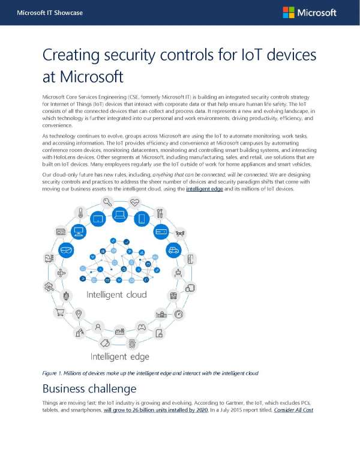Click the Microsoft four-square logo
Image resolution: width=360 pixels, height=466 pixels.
point(289,13)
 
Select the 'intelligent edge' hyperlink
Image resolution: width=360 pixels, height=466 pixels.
point(207,189)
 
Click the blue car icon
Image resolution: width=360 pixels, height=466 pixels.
point(173,250)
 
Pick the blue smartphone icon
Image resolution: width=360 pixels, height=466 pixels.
point(142,219)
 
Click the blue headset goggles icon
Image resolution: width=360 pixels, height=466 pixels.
point(67,250)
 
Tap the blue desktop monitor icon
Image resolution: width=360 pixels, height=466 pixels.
point(77,231)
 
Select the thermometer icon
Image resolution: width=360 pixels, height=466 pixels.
point(80,213)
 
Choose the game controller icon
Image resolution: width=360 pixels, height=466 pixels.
point(142,328)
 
